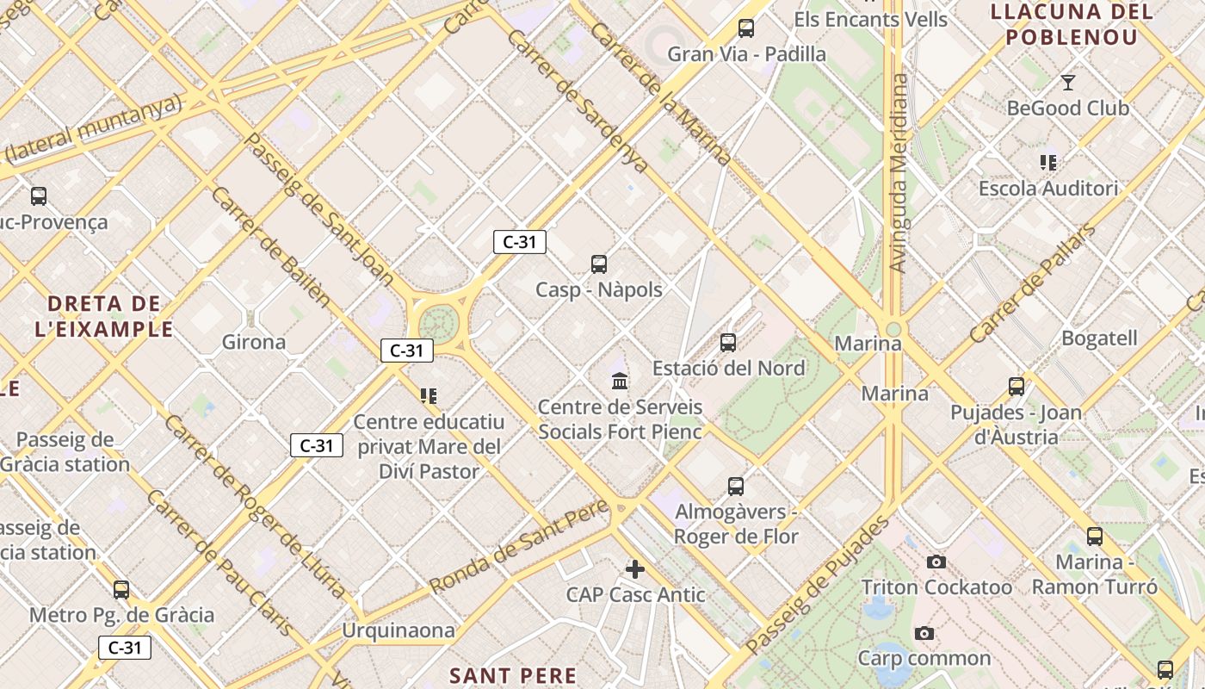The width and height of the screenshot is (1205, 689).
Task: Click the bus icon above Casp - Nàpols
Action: click(599, 264)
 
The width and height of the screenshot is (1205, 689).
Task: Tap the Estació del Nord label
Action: click(728, 368)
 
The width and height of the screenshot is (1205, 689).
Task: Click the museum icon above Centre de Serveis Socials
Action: click(620, 381)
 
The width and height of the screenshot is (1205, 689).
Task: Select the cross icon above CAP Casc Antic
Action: click(635, 569)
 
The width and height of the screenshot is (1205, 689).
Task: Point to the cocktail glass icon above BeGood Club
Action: click(1068, 83)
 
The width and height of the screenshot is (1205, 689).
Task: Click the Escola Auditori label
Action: click(1047, 189)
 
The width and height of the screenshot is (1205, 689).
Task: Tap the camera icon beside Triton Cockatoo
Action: click(936, 562)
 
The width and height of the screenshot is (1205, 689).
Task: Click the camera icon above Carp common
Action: click(924, 634)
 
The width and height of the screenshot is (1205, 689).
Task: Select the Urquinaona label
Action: click(399, 630)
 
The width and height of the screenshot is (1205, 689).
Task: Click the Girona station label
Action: click(254, 342)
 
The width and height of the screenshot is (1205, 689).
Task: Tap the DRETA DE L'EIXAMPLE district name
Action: click(104, 316)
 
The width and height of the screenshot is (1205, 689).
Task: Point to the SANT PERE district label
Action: click(513, 675)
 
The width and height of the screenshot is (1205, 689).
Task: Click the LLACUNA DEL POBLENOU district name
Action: click(1072, 24)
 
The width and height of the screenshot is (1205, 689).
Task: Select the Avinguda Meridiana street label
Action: click(899, 172)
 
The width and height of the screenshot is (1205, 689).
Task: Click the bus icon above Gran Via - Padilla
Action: click(746, 28)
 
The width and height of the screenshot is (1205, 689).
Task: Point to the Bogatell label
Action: click(1099, 338)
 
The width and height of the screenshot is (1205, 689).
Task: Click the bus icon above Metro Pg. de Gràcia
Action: click(121, 590)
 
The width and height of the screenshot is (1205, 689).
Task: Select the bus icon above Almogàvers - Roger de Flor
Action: click(736, 487)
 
